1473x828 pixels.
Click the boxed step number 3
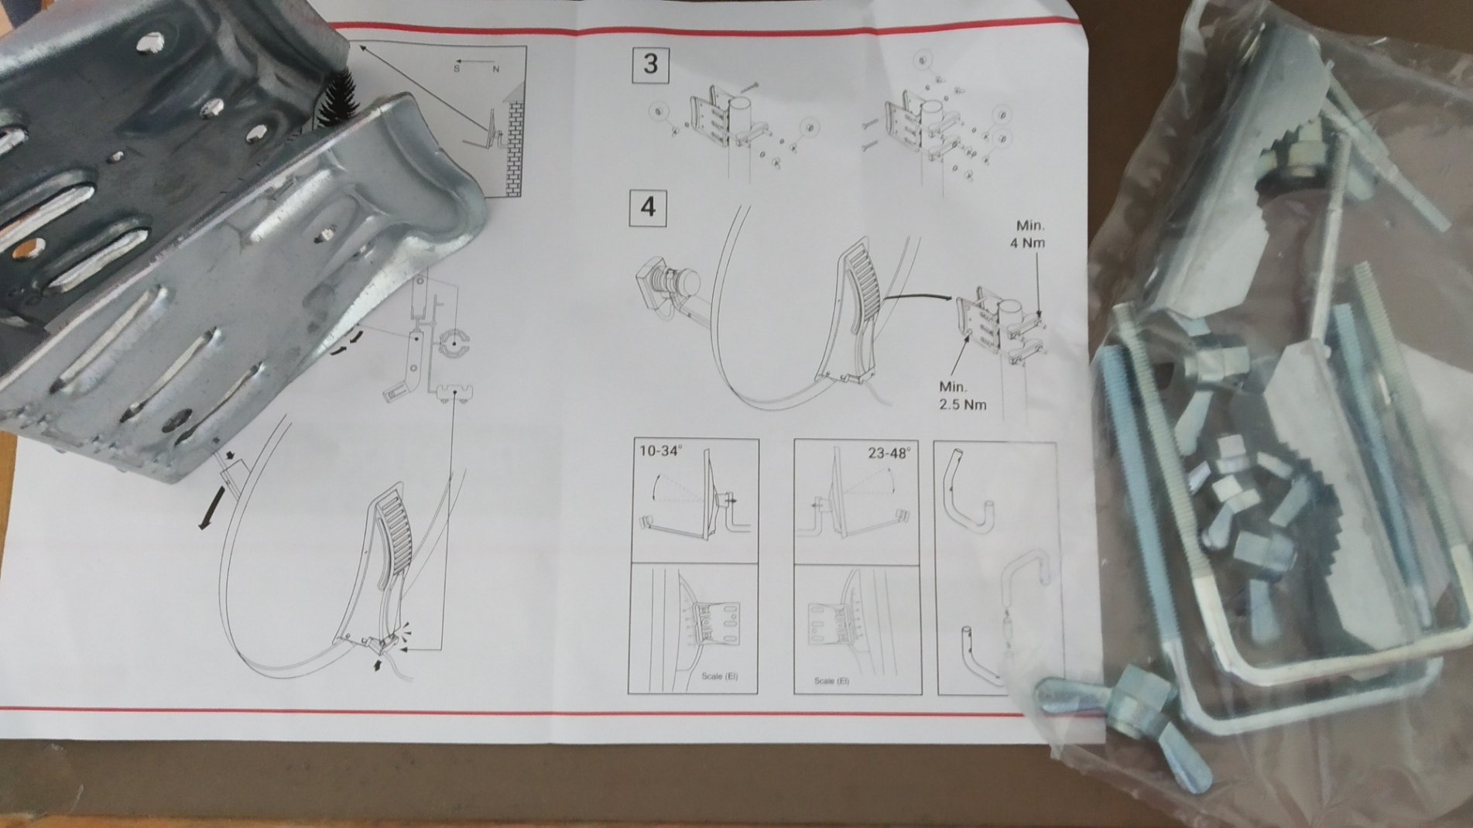tap(649, 63)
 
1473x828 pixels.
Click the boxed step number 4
tap(649, 207)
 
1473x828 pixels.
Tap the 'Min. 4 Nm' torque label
tap(1030, 234)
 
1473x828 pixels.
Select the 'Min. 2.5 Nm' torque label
tap(961, 395)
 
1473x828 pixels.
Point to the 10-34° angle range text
tap(660, 451)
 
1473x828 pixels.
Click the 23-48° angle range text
tap(889, 453)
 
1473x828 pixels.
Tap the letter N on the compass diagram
tap(496, 70)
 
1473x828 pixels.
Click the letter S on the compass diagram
tap(456, 69)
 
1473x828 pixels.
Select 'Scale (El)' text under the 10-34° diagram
tap(720, 676)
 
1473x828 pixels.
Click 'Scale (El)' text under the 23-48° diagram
tap(831, 681)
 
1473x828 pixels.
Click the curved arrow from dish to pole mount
tap(920, 296)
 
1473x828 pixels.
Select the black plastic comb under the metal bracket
tap(334, 97)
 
